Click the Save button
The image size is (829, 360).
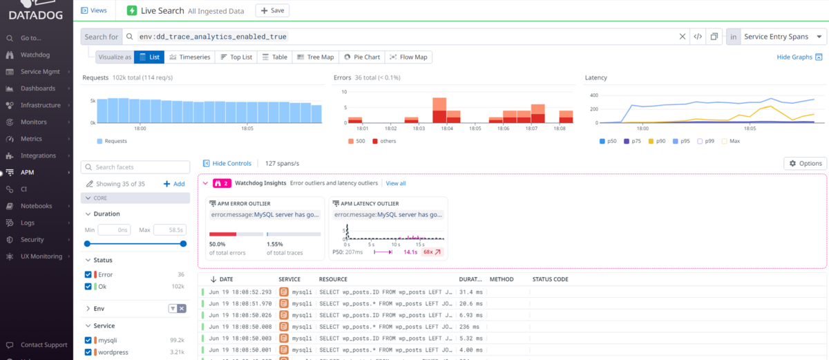pyautogui.click(x=272, y=10)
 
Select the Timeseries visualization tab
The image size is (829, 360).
pyautogui.click(x=190, y=57)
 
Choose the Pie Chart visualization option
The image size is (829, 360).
pyautogui.click(x=362, y=57)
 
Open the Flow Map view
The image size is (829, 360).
pyautogui.click(x=408, y=57)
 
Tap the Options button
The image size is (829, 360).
pyautogui.click(x=805, y=163)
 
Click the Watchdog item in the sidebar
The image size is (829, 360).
pyautogui.click(x=35, y=55)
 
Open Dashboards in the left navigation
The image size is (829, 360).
pyautogui.click(x=37, y=88)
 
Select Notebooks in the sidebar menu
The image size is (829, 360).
pyautogui.click(x=36, y=206)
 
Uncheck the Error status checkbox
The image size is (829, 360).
pyautogui.click(x=88, y=274)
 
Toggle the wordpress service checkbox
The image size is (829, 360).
pyautogui.click(x=88, y=352)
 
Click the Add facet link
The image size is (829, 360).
pyautogui.click(x=174, y=184)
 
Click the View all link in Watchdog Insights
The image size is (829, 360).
pyautogui.click(x=396, y=183)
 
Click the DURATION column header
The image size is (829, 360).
pyautogui.click(x=470, y=279)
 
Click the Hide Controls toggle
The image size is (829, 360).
pyautogui.click(x=227, y=163)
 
